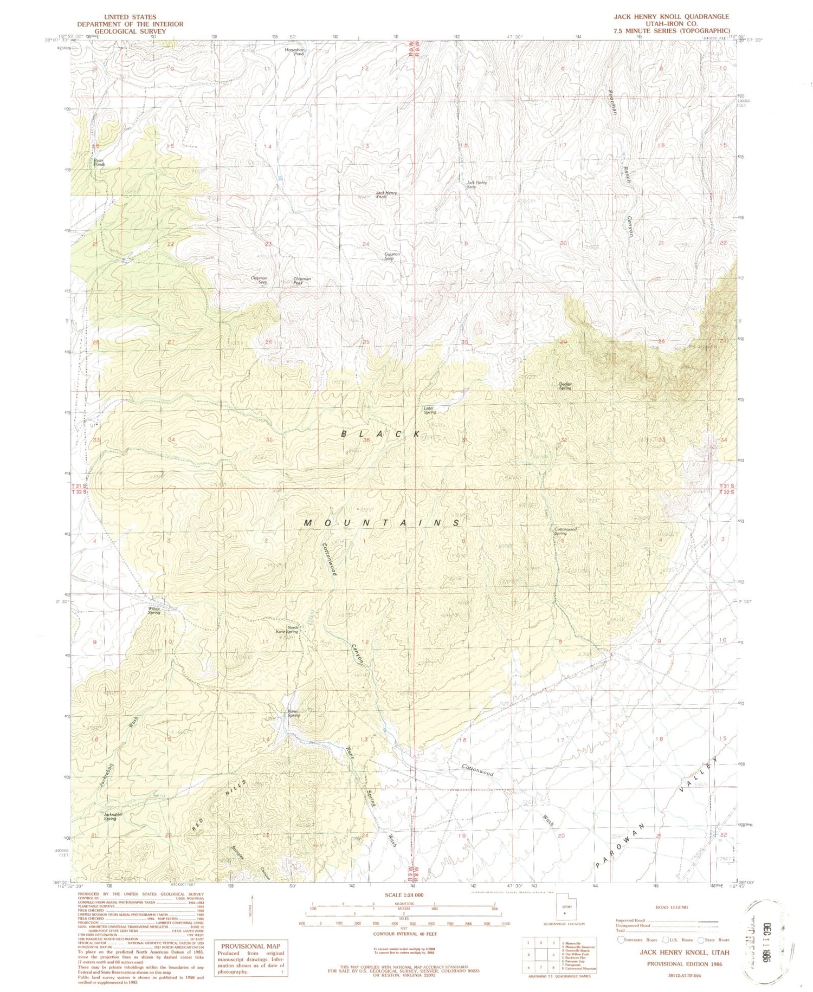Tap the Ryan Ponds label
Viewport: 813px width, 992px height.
click(x=98, y=162)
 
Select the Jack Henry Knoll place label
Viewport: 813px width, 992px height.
click(x=387, y=194)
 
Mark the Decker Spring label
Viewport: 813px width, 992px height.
click(x=565, y=386)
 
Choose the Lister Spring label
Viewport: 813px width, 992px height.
click(x=430, y=410)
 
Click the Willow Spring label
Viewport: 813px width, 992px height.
click(x=154, y=611)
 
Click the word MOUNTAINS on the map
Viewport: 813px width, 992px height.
click(x=382, y=523)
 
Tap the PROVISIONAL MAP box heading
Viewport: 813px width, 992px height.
click(x=250, y=946)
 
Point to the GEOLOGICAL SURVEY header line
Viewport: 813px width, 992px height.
click(x=130, y=31)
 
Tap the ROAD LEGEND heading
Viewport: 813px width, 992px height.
click(x=671, y=907)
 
